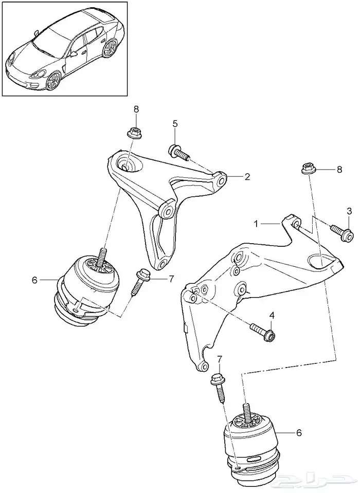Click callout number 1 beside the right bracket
point(256,224)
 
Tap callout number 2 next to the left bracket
point(247,177)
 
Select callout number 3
point(349,211)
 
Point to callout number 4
point(272,315)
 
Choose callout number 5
point(175,123)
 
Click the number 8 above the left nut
point(136,109)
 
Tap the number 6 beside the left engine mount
point(35,280)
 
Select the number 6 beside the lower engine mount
point(299,433)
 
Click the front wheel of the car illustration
point(53,81)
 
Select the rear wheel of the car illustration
point(111,49)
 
